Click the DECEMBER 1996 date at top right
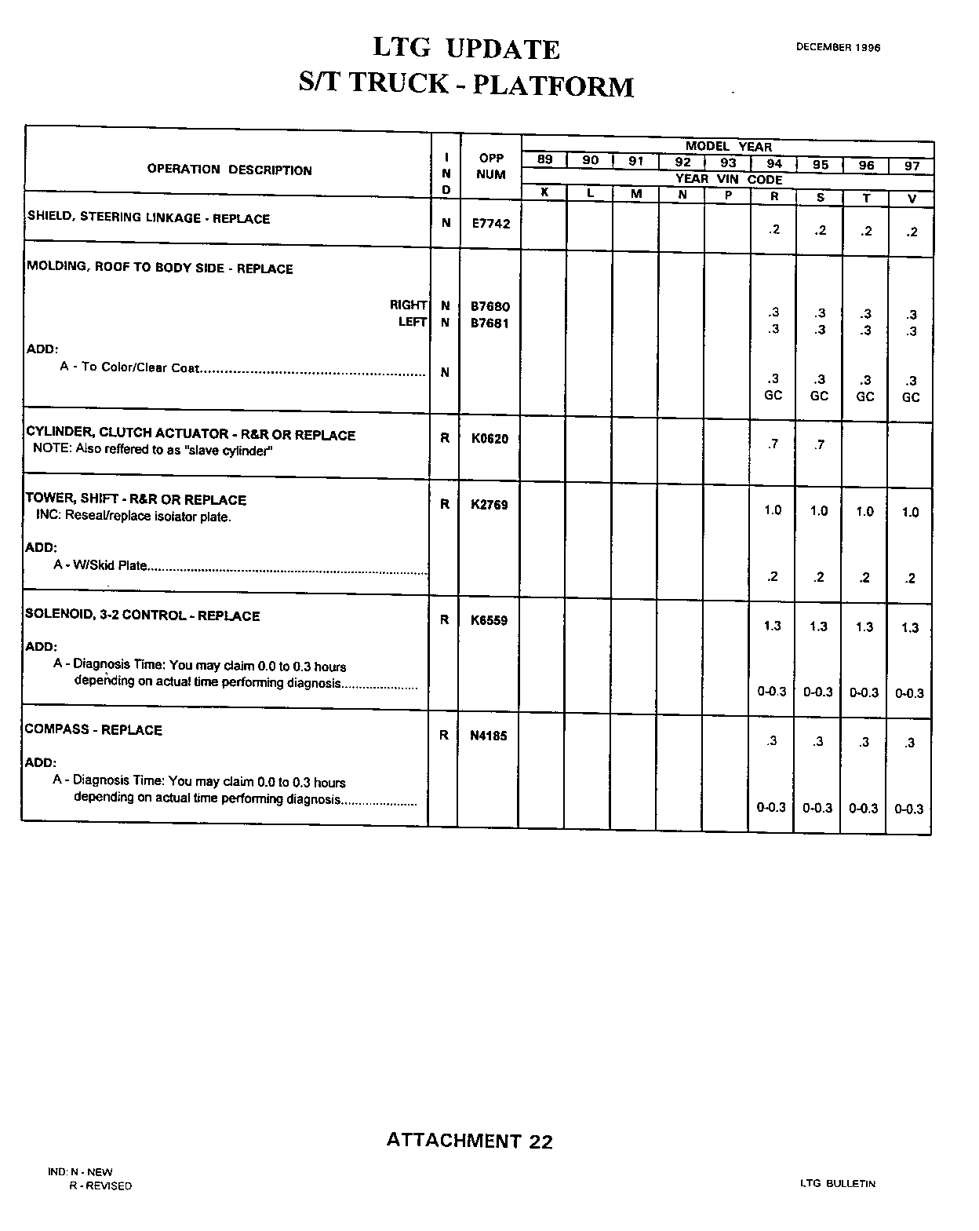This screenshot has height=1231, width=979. [838, 47]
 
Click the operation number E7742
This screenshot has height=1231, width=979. [490, 224]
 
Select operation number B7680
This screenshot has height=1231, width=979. [490, 306]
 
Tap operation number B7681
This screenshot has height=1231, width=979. [490, 323]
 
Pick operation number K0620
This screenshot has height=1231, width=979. [489, 439]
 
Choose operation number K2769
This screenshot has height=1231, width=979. [489, 505]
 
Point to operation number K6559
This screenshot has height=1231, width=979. [489, 620]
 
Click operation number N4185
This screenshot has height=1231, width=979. [489, 736]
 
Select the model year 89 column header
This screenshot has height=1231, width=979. [544, 160]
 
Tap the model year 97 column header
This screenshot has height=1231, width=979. [912, 166]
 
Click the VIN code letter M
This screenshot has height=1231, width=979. [636, 193]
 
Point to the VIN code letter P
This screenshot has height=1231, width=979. [728, 195]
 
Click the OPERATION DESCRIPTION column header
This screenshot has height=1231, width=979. [229, 170]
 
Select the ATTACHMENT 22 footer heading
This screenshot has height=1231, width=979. [469, 1141]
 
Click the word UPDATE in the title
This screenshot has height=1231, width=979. [502, 49]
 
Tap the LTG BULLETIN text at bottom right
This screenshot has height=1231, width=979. [838, 1183]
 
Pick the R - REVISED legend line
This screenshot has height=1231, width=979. [100, 1185]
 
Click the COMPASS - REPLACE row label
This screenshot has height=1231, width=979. [93, 730]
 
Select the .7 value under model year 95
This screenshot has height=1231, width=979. [819, 445]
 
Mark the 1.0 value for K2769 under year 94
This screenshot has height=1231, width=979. [773, 510]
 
